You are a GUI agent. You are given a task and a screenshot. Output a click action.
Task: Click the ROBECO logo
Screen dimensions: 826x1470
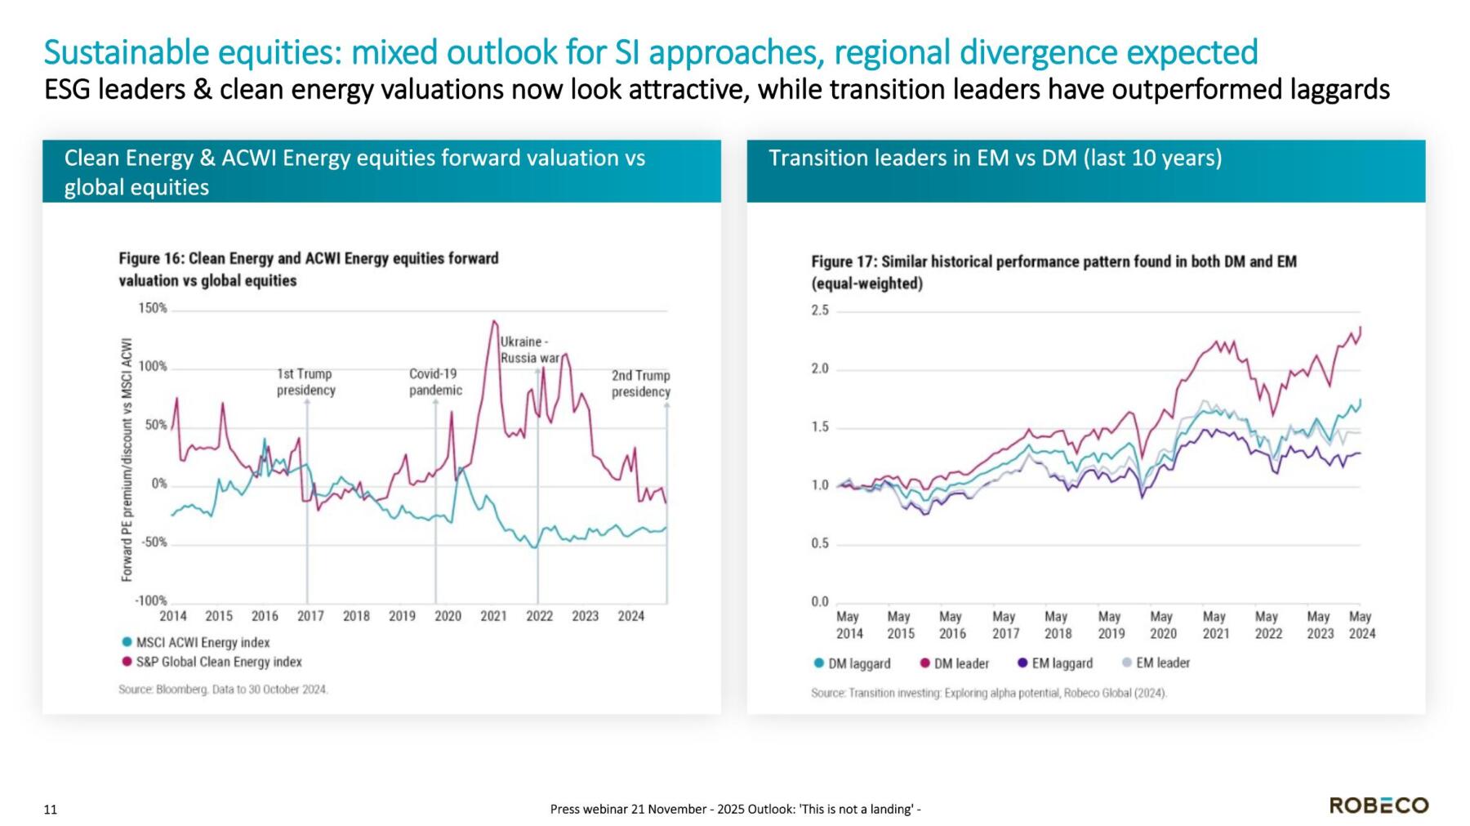tap(1379, 805)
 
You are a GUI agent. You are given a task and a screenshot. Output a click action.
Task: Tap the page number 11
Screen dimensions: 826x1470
tap(51, 810)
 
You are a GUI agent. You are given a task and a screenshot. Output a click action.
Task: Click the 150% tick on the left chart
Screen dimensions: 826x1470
tap(153, 308)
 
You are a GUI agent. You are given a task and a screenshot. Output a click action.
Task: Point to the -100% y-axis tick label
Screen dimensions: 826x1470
tap(150, 601)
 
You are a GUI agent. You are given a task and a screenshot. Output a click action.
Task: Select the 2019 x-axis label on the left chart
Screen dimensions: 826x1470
tap(402, 616)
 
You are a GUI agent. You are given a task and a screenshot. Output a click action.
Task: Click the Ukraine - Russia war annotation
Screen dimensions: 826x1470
tap(529, 350)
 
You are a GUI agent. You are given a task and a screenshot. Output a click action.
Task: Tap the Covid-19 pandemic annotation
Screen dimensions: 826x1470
tap(434, 382)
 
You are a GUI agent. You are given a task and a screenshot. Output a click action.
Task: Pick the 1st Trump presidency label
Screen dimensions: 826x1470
tap(305, 382)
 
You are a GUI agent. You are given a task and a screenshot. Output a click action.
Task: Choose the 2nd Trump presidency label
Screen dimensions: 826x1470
tap(640, 383)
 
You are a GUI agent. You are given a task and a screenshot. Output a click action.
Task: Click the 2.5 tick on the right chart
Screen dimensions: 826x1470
tap(819, 310)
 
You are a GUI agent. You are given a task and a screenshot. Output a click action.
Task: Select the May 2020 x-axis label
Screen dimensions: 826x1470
tap(1162, 625)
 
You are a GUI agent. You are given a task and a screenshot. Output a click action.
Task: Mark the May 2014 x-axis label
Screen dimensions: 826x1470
tap(849, 625)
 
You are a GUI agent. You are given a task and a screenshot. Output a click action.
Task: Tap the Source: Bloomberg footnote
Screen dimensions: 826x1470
tap(223, 690)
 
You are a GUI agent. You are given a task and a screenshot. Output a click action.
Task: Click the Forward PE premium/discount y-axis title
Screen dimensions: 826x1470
tap(127, 460)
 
